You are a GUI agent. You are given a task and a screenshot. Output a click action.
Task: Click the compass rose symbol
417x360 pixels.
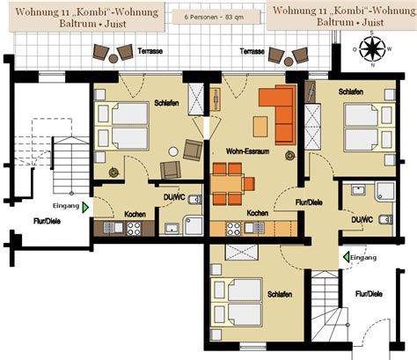[372, 49]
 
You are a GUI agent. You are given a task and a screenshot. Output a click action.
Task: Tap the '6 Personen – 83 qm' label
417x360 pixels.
[214, 17]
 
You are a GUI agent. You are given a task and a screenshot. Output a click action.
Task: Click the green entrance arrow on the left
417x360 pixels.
[85, 207]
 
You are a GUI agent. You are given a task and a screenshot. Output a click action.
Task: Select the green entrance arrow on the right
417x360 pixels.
[347, 257]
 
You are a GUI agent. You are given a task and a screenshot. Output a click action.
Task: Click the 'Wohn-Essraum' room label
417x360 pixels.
[247, 151]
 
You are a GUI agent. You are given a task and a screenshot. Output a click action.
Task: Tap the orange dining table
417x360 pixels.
[226, 184]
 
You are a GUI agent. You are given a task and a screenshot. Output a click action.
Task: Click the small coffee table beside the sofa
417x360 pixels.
[260, 126]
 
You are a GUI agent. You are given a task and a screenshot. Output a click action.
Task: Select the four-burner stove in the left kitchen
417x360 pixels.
[134, 229]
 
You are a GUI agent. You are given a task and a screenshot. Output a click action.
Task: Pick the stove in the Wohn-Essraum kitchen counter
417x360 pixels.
[234, 229]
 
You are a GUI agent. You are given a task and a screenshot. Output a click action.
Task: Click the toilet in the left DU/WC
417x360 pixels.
[194, 200]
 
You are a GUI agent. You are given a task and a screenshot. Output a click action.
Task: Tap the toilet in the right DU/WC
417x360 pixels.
[386, 219]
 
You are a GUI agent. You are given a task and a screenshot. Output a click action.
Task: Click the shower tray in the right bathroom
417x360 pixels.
[385, 192]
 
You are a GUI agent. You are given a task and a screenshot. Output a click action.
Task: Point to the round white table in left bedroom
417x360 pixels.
[173, 151]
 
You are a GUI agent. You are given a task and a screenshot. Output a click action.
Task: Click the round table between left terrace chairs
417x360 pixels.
[113, 59]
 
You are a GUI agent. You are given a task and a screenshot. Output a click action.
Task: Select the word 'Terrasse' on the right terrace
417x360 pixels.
[252, 51]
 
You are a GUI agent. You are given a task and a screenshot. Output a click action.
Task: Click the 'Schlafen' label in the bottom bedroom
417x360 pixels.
[280, 294]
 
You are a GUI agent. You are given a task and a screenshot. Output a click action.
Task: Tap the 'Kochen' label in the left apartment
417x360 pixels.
[135, 214]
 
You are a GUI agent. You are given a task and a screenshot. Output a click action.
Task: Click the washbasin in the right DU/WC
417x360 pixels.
[358, 189]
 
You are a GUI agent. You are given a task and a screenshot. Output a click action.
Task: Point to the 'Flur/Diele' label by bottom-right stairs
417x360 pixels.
[369, 294]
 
